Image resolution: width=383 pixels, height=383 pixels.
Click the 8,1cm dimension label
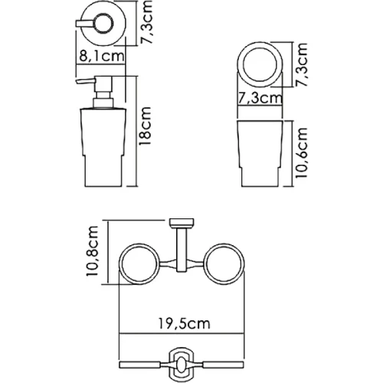point(102,56)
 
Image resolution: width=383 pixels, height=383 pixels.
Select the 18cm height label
point(146,126)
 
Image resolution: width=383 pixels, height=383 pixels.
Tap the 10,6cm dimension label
point(300,152)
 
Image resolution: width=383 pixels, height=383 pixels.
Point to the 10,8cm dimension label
point(92,251)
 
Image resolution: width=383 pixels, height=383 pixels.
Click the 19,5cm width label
point(185,323)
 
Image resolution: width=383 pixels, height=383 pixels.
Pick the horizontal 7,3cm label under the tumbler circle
point(260,98)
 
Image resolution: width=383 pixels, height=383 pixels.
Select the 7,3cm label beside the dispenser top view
point(146,21)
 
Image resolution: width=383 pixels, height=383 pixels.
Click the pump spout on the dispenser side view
point(86,81)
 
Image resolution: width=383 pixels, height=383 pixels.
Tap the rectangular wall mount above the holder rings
point(182,223)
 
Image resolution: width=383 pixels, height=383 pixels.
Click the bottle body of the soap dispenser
point(103,148)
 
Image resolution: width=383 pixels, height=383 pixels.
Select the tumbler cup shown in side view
point(260,153)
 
